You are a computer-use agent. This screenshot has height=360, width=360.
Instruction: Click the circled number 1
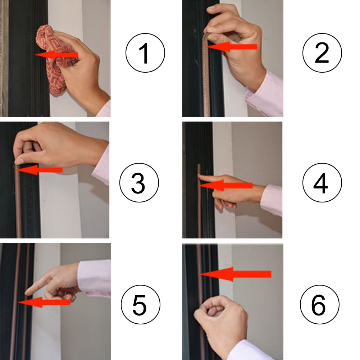click(145, 53)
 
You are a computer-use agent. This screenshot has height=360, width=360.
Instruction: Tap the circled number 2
click(322, 53)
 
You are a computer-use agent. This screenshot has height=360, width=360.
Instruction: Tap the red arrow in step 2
click(232, 47)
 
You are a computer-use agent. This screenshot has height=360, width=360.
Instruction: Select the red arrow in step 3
click(40, 170)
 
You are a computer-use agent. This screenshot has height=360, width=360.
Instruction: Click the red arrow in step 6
click(236, 274)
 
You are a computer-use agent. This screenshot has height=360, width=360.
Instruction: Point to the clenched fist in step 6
click(219, 316)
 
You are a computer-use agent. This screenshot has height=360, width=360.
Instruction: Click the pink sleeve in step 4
click(272, 200)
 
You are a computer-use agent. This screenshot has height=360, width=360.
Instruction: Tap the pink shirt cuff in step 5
click(94, 277)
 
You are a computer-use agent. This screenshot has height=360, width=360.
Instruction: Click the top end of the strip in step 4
click(199, 166)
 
